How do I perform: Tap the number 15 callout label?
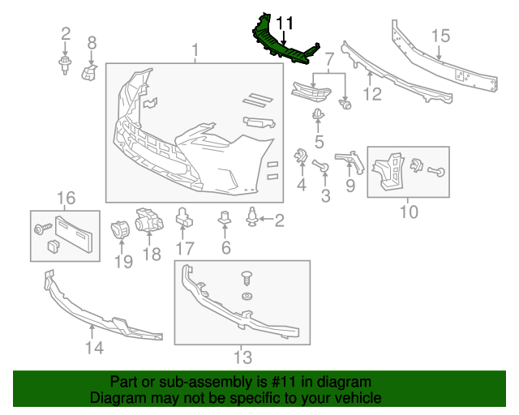tap(440, 35)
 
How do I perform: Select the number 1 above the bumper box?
tap(195, 52)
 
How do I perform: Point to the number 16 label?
tap(66, 197)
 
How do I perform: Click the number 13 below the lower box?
tap(242, 356)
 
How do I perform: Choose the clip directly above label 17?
tap(184, 216)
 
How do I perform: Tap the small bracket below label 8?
tap(90, 73)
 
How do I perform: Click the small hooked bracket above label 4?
tap(299, 156)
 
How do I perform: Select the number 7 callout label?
tap(329, 60)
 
